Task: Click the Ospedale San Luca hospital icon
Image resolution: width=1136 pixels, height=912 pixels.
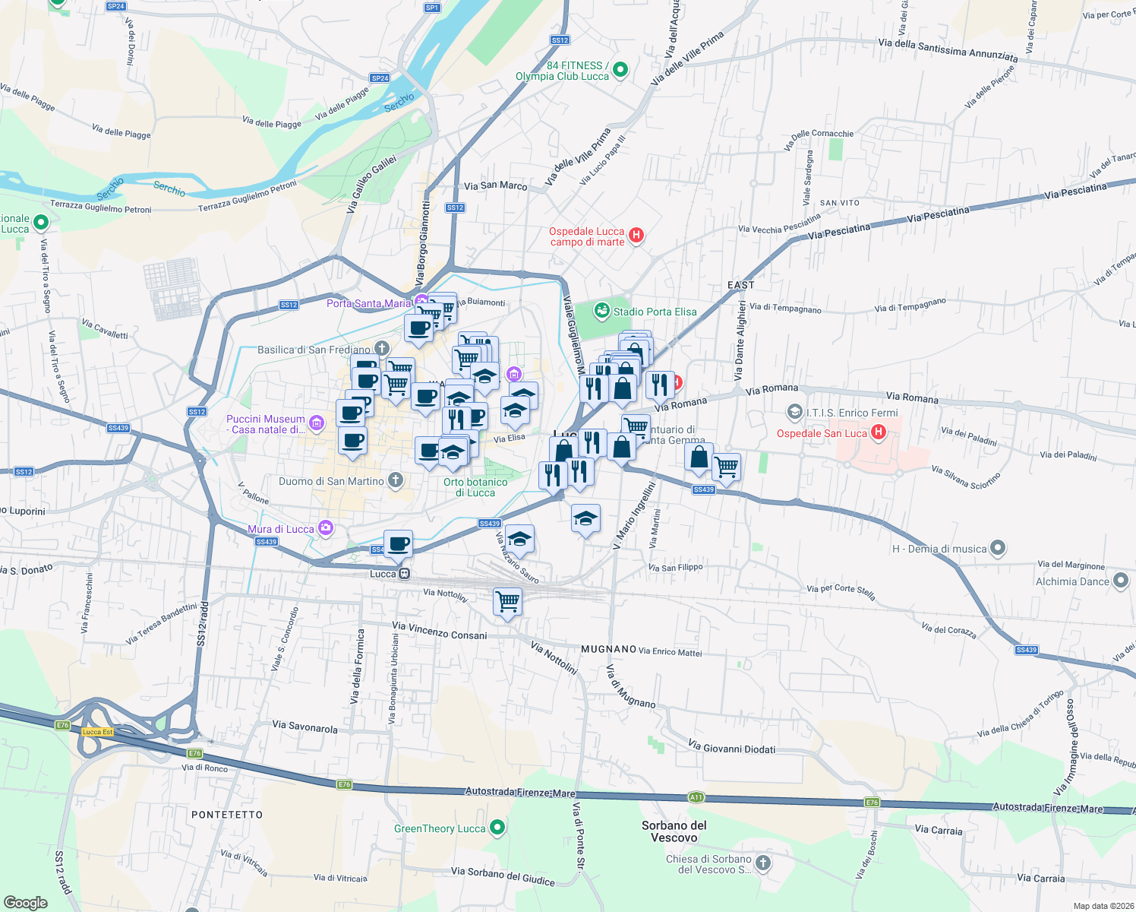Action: [879, 432]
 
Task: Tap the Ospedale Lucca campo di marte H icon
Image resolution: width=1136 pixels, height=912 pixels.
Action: [636, 236]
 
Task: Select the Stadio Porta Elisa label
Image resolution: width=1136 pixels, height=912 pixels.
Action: [655, 312]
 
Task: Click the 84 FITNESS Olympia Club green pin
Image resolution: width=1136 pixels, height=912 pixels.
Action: [620, 70]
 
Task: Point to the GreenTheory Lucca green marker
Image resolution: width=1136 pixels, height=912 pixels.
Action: [497, 827]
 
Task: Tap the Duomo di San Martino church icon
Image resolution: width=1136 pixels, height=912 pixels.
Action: [395, 480]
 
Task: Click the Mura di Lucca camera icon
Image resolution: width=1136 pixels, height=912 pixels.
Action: [326, 527]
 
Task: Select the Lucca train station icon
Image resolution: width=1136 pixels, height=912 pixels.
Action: [405, 574]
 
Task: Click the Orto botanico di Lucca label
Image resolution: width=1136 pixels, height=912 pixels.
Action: [475, 487]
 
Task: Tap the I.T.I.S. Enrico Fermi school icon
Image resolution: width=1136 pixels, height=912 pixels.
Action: [794, 412]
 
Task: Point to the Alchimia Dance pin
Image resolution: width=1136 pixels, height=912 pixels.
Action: [1121, 581]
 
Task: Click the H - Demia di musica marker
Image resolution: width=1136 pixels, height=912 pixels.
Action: [999, 548]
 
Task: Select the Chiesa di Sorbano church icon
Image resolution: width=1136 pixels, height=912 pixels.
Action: [762, 863]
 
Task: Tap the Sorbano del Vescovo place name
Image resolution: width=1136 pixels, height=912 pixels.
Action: [674, 831]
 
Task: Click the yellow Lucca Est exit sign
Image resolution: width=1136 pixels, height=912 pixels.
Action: [97, 732]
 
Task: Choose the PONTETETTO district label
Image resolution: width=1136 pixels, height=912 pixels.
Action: [227, 815]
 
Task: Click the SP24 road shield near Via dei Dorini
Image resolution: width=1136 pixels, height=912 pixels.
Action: [115, 6]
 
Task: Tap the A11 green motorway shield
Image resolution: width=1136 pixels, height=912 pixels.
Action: [696, 797]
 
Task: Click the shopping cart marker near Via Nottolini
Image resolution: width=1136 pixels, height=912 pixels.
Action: [507, 601]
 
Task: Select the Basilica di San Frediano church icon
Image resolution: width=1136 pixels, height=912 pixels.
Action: [381, 348]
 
